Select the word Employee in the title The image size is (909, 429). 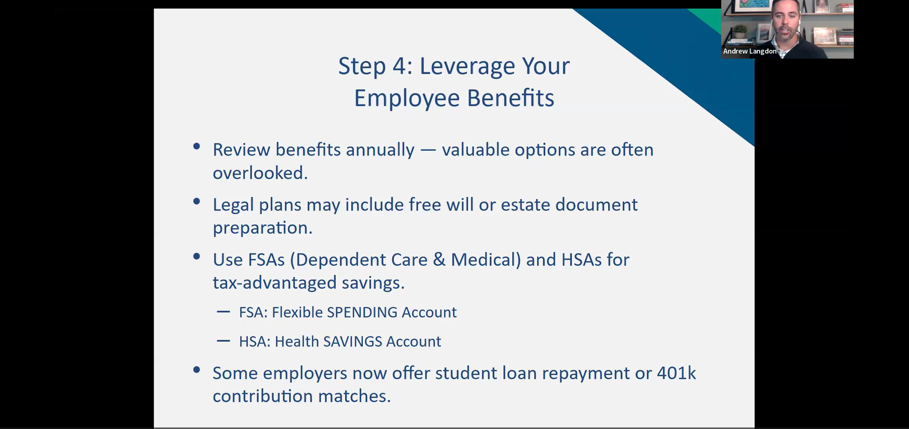407,98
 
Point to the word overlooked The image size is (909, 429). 260,173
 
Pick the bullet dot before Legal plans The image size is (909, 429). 196,201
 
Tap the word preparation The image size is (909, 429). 262,228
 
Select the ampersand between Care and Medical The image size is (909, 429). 439,260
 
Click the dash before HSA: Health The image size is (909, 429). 223,341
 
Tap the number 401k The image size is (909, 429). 676,373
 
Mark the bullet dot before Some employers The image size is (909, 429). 196,370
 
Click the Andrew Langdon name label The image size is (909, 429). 749,51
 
